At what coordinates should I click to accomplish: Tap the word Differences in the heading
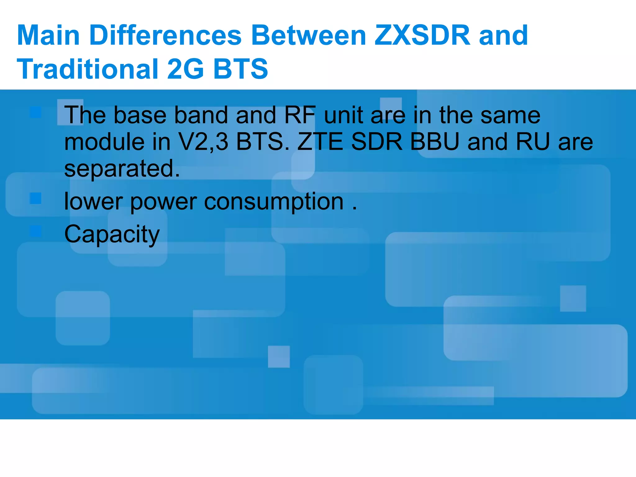pos(166,35)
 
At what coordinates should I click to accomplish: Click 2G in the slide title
pos(185,69)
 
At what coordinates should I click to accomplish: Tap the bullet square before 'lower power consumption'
pos(36,198)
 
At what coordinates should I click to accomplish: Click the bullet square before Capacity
pos(36,231)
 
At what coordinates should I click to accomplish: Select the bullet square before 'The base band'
pos(36,112)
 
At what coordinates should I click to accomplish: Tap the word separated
pos(122,169)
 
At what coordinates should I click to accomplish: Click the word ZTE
pos(320,142)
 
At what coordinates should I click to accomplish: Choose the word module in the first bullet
pos(104,142)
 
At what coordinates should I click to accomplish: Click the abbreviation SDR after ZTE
pos(377,142)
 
